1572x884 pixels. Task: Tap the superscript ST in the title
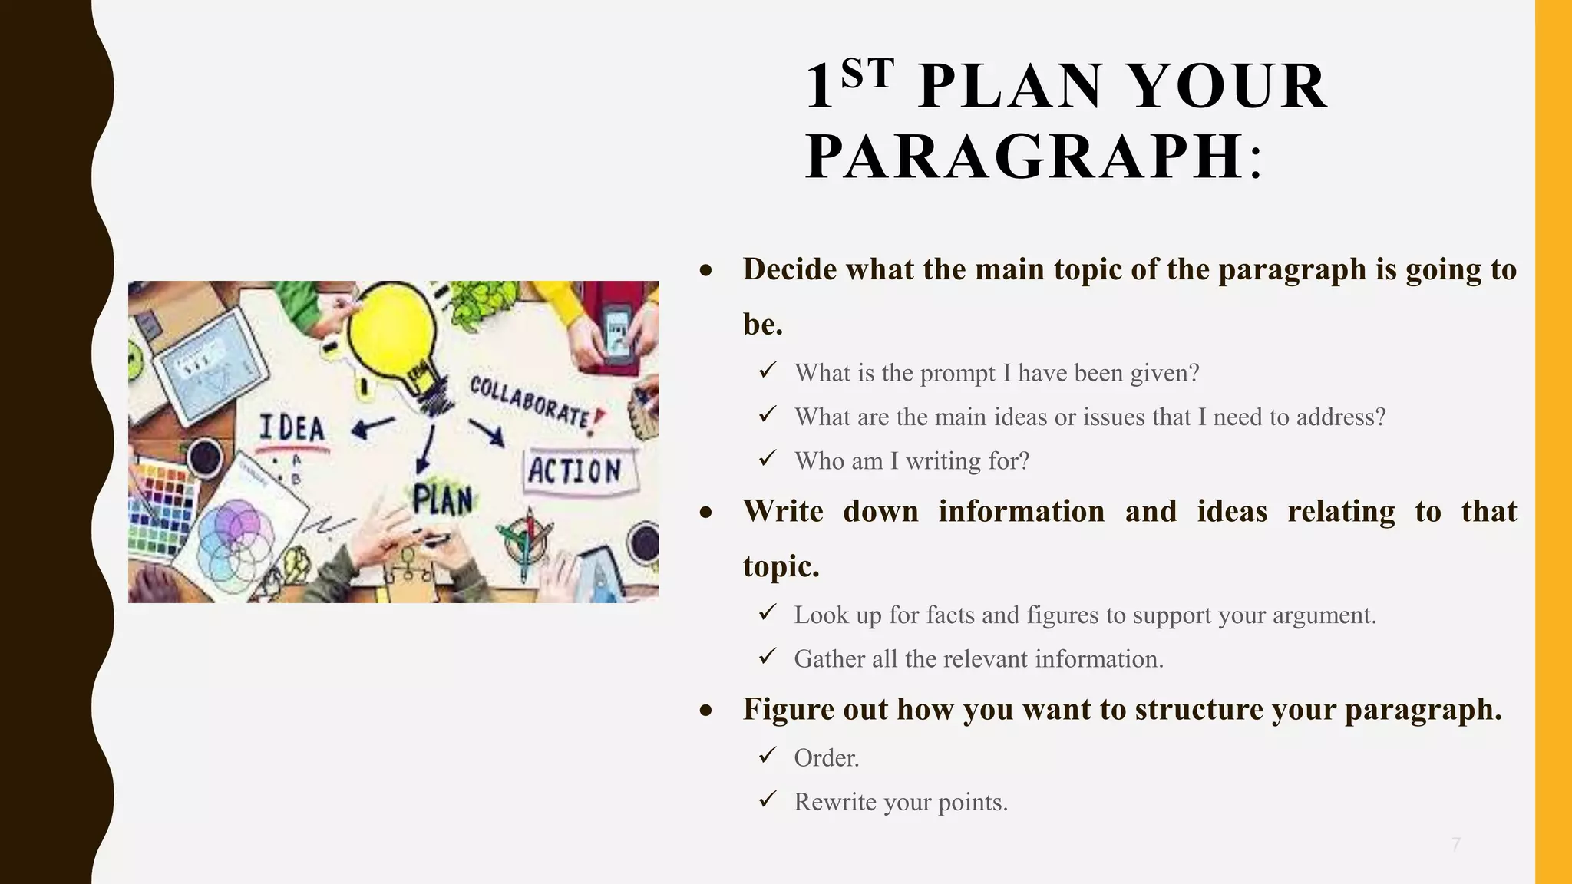867,74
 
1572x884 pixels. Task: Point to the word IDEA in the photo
292,428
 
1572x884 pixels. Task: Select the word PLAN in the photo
443,500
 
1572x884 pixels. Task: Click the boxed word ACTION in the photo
575,470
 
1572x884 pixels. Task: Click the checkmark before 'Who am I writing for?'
768,459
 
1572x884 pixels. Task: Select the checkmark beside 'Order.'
768,756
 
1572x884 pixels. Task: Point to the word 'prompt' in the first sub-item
958,373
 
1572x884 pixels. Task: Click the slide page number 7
1455,845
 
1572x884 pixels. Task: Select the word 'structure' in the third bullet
1199,710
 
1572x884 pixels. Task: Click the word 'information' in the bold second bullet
1021,512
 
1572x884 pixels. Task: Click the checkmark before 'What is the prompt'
768,371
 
